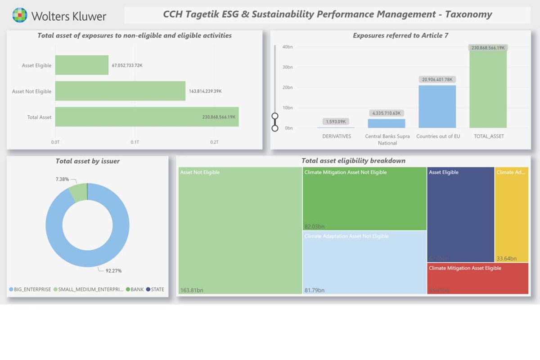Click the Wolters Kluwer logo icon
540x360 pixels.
19,16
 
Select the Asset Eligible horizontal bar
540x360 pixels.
82,65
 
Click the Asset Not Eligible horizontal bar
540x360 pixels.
120,91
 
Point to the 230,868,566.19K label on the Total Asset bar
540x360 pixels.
219,117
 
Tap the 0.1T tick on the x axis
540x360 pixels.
135,142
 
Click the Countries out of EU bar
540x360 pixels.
437,107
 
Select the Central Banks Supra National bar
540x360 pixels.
387,123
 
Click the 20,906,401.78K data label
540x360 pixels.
437,80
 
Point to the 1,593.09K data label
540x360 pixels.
336,121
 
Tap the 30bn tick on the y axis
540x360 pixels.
288,67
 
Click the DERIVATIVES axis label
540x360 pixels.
336,136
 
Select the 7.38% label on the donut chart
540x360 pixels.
62,179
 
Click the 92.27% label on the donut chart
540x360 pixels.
113,271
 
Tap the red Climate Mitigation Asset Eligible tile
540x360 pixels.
477,279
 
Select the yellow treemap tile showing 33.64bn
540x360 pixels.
512,214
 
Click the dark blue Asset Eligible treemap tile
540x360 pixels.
460,214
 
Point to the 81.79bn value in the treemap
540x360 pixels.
314,290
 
